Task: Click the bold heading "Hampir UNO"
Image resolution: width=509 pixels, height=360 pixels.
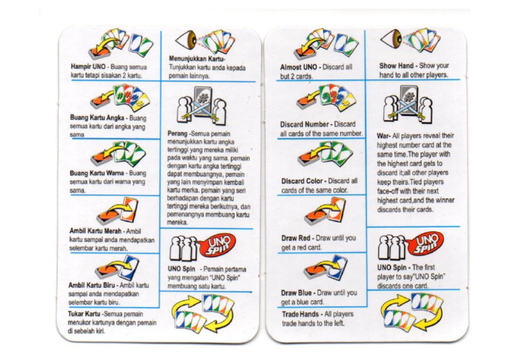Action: click(x=88, y=66)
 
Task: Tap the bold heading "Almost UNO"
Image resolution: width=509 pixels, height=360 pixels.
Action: click(x=298, y=67)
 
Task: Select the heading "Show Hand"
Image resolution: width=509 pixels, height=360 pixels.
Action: click(x=396, y=66)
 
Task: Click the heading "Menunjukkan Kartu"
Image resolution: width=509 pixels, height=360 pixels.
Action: click(x=196, y=59)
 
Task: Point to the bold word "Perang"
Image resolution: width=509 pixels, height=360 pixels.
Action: click(x=177, y=134)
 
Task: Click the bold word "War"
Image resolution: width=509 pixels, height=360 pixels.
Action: click(x=382, y=136)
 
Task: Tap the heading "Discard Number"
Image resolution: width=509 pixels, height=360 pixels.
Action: click(x=304, y=125)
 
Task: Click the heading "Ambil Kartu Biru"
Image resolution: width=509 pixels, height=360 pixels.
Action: click(x=91, y=285)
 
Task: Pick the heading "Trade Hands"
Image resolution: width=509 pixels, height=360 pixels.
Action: click(x=300, y=314)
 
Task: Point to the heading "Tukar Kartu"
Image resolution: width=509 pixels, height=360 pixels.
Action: click(x=84, y=314)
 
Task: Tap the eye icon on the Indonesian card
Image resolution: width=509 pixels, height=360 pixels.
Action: click(x=186, y=40)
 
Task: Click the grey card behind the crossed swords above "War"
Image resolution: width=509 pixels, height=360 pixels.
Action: click(x=409, y=97)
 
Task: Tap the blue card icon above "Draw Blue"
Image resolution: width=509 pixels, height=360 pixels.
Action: click(x=337, y=267)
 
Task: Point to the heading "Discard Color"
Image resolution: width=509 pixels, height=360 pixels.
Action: click(x=302, y=181)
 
